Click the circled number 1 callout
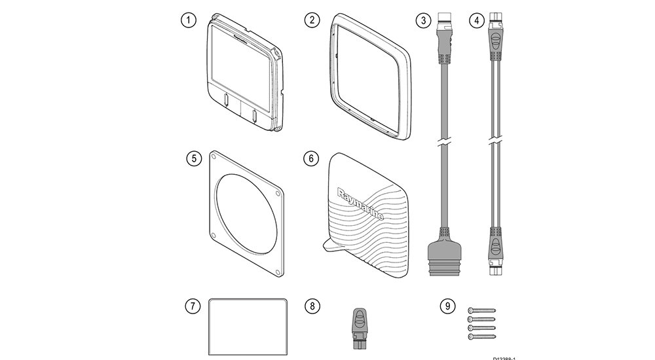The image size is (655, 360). pos(189,20)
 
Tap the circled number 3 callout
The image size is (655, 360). pos(424,20)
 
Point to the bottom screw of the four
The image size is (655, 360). pos(481,336)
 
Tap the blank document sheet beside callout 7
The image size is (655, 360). pos(248,325)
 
